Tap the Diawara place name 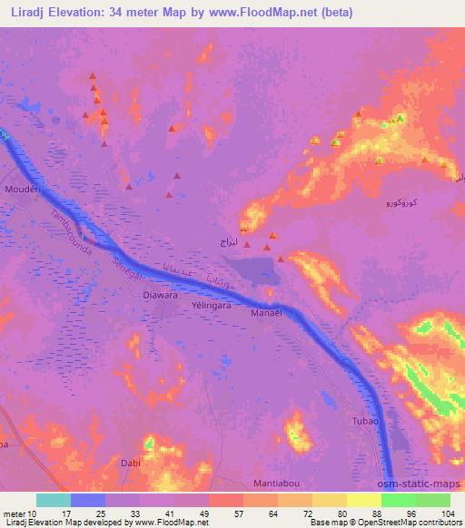point(160,295)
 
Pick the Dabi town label point(130,463)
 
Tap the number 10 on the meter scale point(36,513)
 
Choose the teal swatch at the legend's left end point(54,500)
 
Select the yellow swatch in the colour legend point(364,500)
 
